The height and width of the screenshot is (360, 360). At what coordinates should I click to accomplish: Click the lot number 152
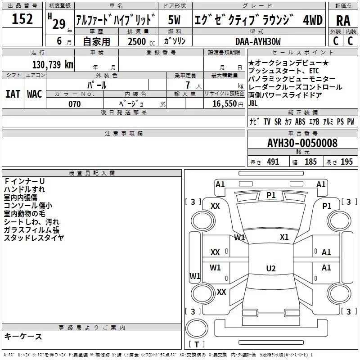[22, 18]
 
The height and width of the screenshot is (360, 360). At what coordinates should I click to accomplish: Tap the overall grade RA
[343, 21]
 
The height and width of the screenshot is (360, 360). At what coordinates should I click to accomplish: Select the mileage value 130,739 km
[53, 64]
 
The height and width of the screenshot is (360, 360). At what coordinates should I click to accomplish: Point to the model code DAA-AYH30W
[258, 41]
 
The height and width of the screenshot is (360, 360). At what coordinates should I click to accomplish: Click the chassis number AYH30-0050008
[302, 143]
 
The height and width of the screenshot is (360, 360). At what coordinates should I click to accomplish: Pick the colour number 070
[75, 104]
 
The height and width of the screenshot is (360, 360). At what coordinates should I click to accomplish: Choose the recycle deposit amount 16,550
[224, 104]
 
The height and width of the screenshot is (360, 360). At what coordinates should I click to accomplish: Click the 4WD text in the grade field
[313, 20]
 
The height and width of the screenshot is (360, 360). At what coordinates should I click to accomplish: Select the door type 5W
[174, 20]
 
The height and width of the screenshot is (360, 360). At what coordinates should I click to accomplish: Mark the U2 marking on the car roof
[271, 268]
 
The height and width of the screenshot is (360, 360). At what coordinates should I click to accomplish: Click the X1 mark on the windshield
[284, 237]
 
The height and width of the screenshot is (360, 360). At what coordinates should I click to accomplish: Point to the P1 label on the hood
[271, 195]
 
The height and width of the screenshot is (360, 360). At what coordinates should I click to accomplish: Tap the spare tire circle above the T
[197, 328]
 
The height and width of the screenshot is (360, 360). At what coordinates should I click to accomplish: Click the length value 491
[273, 162]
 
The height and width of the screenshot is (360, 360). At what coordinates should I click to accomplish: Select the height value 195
[346, 162]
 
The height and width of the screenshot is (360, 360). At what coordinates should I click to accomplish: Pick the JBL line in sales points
[253, 103]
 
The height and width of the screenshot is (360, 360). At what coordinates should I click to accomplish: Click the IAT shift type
[13, 94]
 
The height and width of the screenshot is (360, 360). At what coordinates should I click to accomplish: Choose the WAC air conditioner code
[35, 94]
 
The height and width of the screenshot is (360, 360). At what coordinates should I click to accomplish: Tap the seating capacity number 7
[188, 85]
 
